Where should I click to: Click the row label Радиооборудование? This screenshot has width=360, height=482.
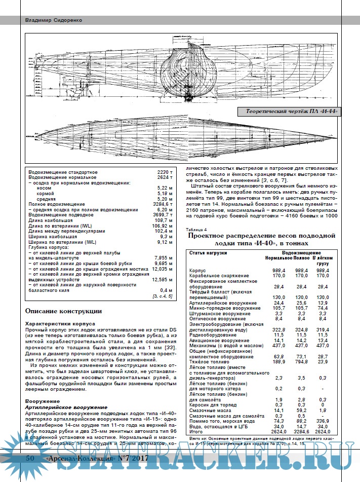(x=213, y=336)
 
